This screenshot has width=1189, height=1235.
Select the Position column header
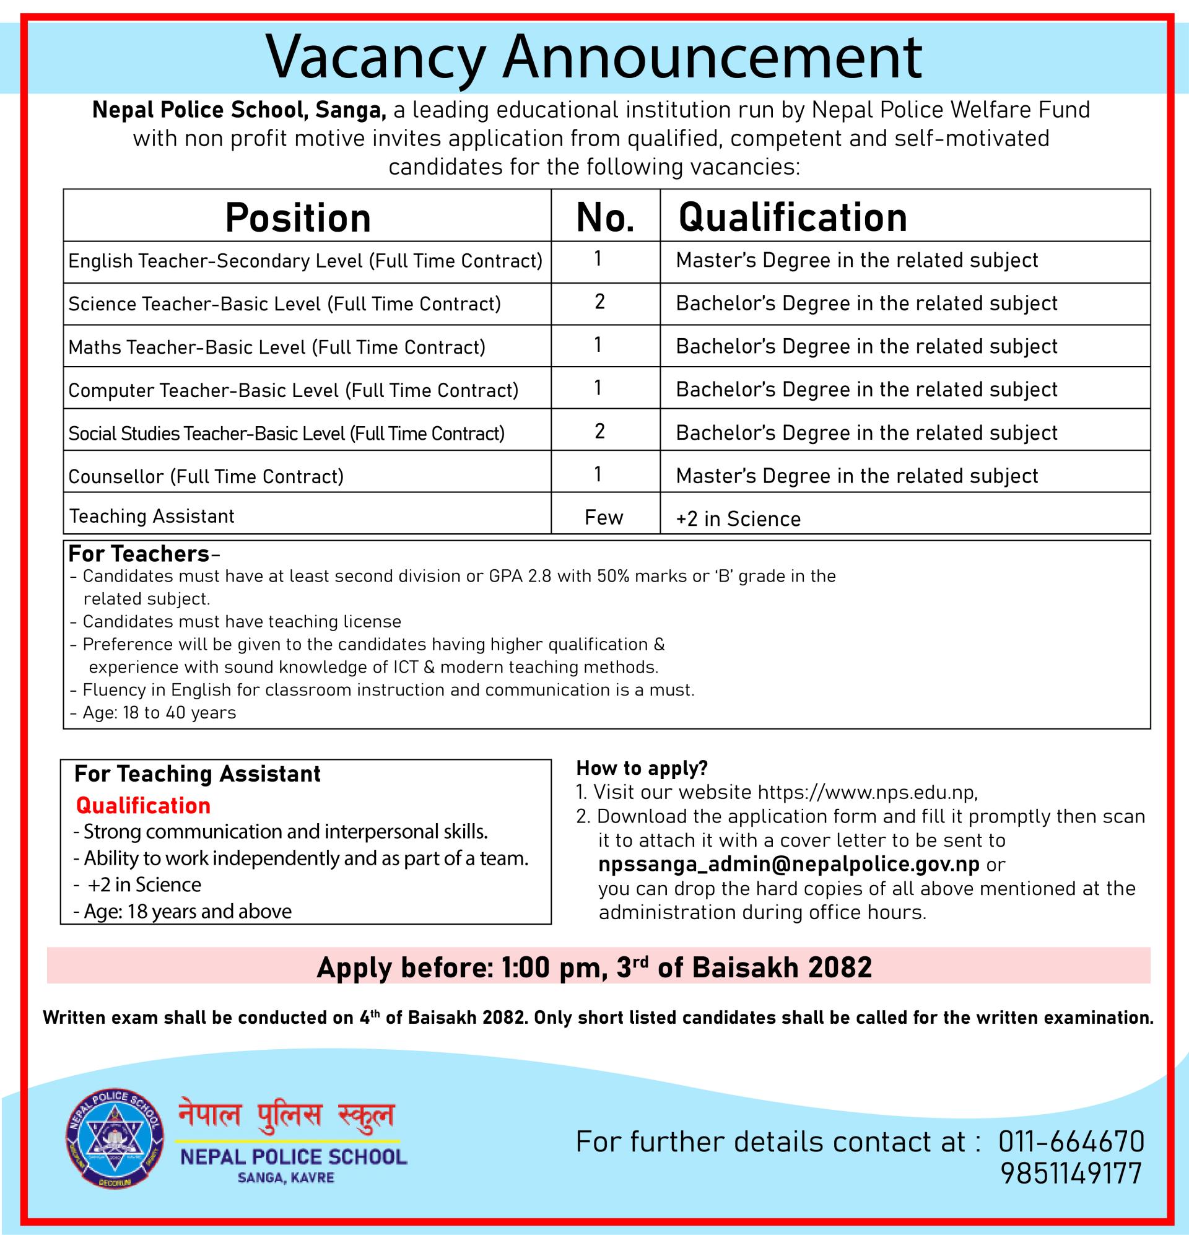(297, 218)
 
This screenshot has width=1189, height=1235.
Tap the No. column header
(605, 218)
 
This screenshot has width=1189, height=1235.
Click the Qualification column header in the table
(792, 217)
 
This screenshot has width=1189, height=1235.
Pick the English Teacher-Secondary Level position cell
(305, 261)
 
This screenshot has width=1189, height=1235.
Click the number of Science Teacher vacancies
(599, 302)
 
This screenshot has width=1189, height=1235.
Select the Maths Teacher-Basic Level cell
(277, 347)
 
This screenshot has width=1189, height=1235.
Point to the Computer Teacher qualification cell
(866, 390)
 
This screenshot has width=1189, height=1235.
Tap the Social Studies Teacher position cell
(286, 434)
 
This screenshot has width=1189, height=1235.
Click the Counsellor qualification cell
(856, 476)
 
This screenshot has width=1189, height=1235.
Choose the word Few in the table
(604, 518)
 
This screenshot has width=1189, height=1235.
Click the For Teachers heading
(139, 554)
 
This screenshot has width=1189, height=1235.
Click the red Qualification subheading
(143, 805)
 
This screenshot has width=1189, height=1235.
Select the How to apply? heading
(642, 768)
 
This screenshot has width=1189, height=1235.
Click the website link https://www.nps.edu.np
(867, 792)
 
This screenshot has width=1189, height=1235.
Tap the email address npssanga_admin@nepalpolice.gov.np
(789, 865)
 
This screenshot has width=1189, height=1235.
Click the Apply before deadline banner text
(594, 967)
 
